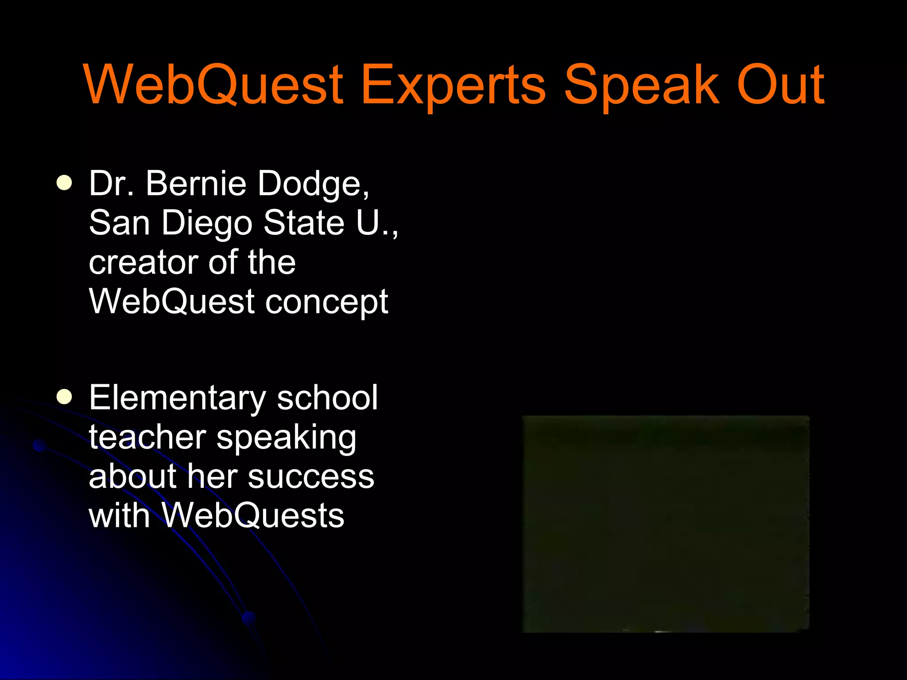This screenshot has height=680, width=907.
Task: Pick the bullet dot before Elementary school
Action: pyautogui.click(x=65, y=397)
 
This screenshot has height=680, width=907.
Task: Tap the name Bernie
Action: pyautogui.click(x=196, y=183)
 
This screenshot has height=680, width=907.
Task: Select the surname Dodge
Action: pyautogui.click(x=313, y=184)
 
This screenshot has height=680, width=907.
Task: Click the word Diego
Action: pyautogui.click(x=207, y=223)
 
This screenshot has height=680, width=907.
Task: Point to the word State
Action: pyautogui.click(x=304, y=222)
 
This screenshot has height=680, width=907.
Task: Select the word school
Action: pyautogui.click(x=327, y=398)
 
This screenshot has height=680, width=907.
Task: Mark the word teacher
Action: pyautogui.click(x=147, y=437)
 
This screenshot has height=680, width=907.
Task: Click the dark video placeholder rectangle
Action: pyautogui.click(x=666, y=524)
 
